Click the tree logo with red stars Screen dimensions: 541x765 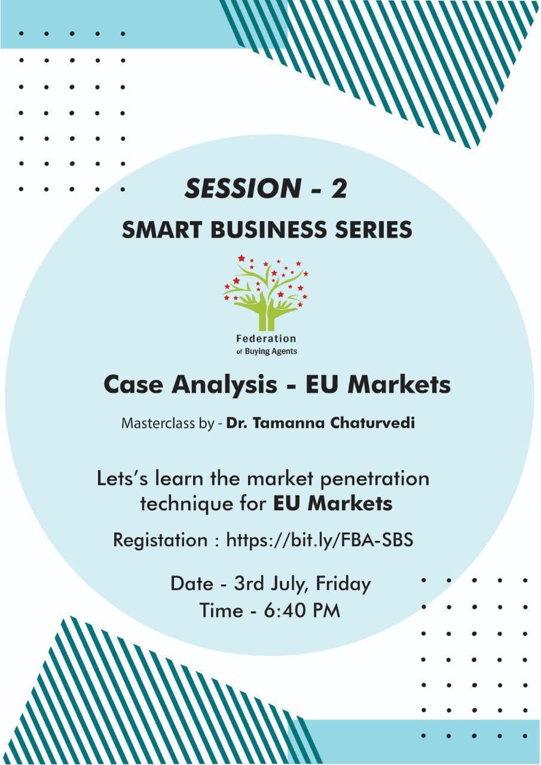pos(266,292)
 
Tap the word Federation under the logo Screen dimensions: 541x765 pos(266,339)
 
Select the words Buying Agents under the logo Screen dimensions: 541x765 pos(271,351)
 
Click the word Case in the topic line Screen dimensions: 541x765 pos(133,384)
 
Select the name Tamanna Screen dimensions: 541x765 pos(290,424)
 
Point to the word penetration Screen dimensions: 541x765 pos(375,479)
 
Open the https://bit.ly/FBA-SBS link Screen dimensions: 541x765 pos(320,540)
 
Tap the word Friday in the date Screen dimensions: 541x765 pos(343,584)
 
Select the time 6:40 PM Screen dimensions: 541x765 pos(302,610)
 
